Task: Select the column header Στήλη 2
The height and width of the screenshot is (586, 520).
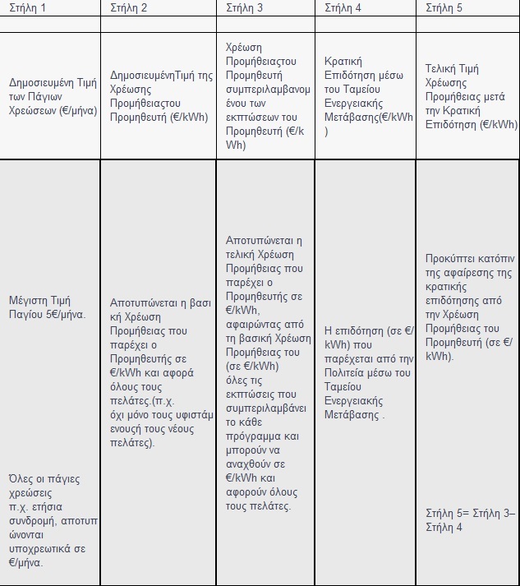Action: pos(129,8)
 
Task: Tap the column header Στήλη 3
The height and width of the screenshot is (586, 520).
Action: pos(245,8)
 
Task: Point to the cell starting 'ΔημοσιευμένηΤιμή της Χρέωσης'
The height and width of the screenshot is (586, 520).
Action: pos(157,96)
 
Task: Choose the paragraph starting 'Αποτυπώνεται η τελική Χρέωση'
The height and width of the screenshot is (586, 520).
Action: pos(265,373)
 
